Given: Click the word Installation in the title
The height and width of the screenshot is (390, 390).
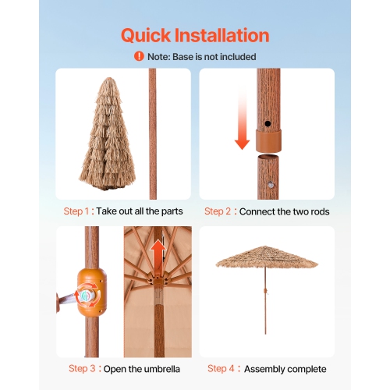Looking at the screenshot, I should click(229, 36).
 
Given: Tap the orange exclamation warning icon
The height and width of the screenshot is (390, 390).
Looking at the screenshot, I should click(139, 56).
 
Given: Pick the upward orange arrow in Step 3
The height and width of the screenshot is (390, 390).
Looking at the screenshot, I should click(158, 253).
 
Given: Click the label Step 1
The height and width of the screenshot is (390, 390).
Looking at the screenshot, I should click(76, 211).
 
